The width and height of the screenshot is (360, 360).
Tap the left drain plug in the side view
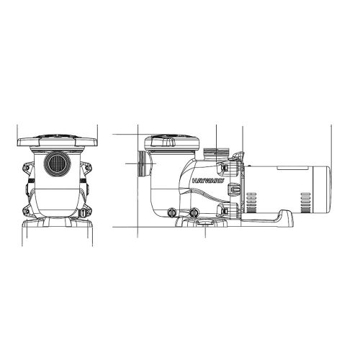pos(172,212)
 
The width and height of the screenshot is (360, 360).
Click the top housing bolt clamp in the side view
pos(230,167)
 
